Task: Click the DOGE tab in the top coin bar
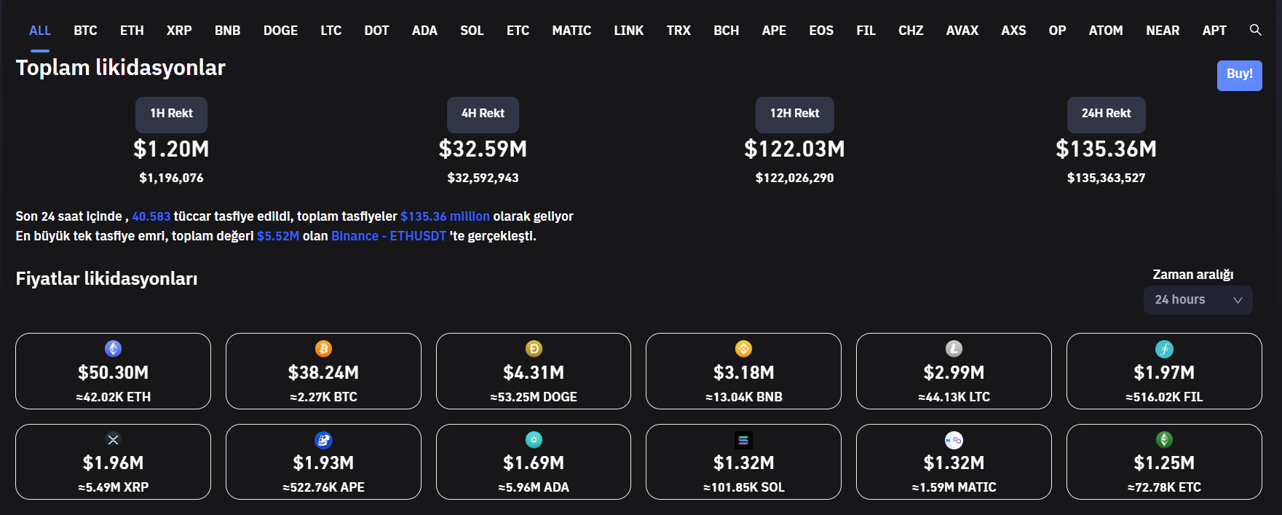(x=280, y=31)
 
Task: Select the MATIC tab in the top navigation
(x=571, y=31)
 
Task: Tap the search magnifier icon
(x=1255, y=30)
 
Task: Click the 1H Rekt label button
(x=171, y=114)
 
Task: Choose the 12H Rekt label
(x=794, y=114)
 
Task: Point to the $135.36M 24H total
(x=1106, y=149)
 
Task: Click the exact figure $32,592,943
(x=483, y=178)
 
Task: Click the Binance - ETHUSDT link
(x=388, y=236)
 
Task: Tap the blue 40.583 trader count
(x=151, y=216)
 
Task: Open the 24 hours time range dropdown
(x=1198, y=300)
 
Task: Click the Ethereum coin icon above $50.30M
(x=113, y=349)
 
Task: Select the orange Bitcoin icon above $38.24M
(x=323, y=349)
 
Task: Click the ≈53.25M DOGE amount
(x=534, y=397)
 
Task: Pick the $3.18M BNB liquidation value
(x=743, y=373)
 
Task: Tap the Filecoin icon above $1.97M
(x=1164, y=349)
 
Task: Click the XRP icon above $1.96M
(x=113, y=439)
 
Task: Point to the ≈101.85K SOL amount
(x=743, y=487)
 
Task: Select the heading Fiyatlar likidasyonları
(x=106, y=279)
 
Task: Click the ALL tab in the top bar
(x=40, y=31)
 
